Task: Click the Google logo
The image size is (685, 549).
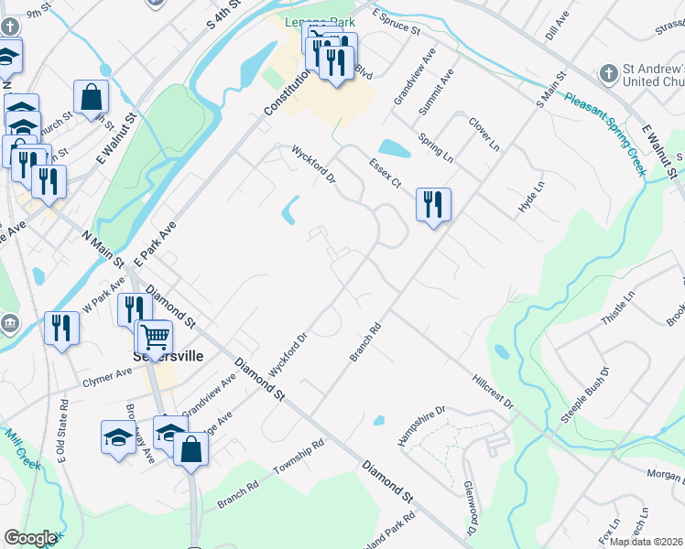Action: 30,538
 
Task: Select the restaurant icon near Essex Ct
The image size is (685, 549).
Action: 432,204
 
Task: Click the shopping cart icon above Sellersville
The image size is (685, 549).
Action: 155,338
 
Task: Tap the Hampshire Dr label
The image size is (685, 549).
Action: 420,425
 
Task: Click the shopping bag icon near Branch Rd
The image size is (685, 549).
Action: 190,449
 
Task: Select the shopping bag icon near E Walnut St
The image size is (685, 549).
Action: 92,96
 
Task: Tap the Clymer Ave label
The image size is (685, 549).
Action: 107,376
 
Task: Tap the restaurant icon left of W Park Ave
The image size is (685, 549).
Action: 61,328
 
